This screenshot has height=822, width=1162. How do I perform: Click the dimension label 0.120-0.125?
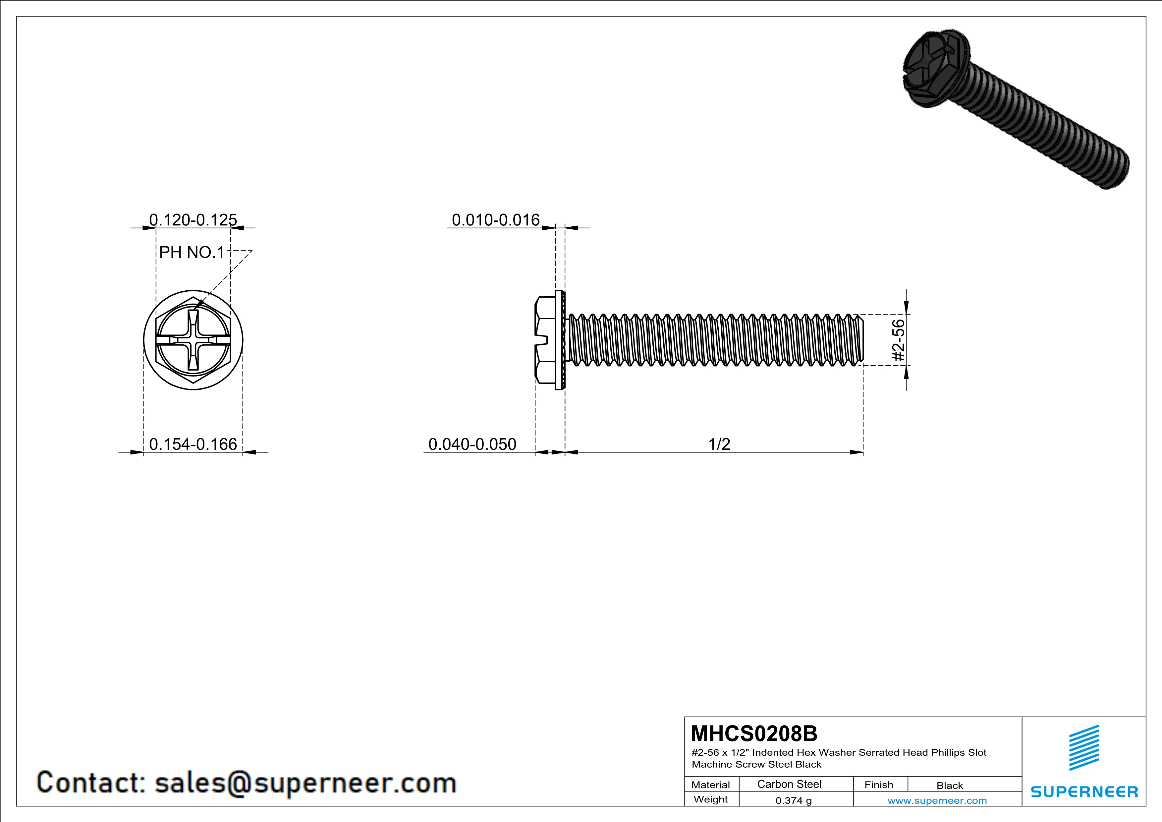pyautogui.click(x=193, y=220)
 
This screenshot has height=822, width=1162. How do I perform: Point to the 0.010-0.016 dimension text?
pyautogui.click(x=495, y=220)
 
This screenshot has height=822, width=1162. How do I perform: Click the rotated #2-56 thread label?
pyautogui.click(x=898, y=340)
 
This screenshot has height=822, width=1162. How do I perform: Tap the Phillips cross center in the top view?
pyautogui.click(x=193, y=340)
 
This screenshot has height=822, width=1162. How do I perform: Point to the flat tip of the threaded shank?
pyautogui.click(x=862, y=340)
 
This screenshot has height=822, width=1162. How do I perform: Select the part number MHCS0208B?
pyautogui.click(x=753, y=734)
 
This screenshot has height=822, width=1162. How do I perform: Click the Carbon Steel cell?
pyautogui.click(x=789, y=784)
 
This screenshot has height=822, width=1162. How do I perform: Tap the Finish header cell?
pyautogui.click(x=879, y=785)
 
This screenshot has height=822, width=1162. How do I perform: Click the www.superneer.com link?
pyautogui.click(x=937, y=800)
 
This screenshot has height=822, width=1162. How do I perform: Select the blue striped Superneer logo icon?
pyautogui.click(x=1083, y=748)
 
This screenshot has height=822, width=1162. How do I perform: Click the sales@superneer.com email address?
pyautogui.click(x=305, y=783)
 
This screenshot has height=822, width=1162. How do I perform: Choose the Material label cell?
pyautogui.click(x=711, y=785)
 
